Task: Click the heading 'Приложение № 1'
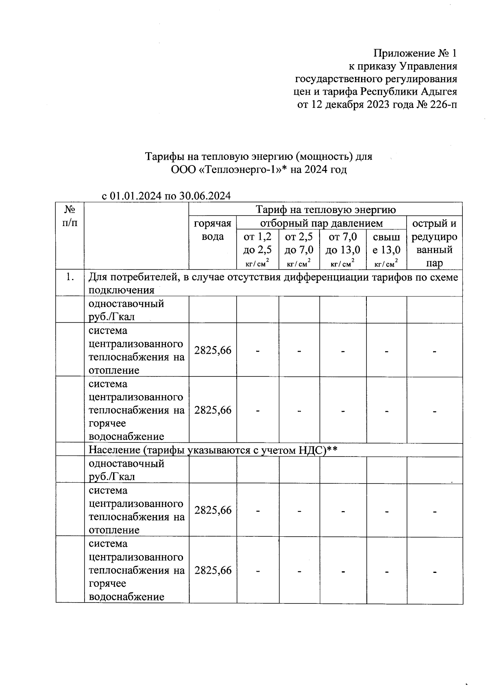pos(415,53)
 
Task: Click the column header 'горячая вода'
pos(213,230)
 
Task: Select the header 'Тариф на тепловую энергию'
pos(325,209)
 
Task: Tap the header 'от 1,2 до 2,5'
pos(257,243)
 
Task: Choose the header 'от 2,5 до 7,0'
pos(299,243)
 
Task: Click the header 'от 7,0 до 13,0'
pos(343,243)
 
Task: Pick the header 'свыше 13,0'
pos(386,243)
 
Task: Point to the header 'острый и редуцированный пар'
pos(434,243)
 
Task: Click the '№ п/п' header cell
pos(70,216)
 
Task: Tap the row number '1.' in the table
pos(70,277)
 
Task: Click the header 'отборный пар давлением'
pos(321,223)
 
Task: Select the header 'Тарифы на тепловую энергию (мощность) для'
pos(259,157)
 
